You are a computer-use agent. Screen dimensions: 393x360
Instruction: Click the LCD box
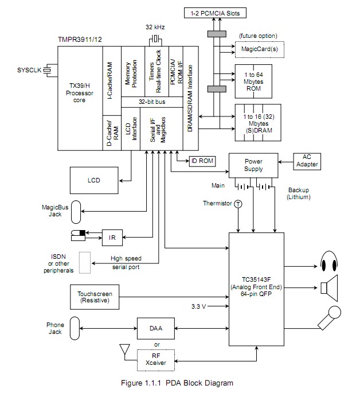[94, 180]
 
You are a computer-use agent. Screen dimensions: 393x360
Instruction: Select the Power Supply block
[253, 165]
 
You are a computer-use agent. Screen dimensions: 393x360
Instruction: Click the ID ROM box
[202, 161]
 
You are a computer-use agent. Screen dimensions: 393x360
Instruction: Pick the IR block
[112, 236]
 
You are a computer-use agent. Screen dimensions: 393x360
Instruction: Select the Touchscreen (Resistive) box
[95, 297]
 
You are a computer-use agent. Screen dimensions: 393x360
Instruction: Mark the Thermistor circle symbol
[238, 204]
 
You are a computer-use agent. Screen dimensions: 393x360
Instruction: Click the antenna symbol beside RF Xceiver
[122, 349]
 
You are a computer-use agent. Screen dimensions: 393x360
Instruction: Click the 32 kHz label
[155, 28]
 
